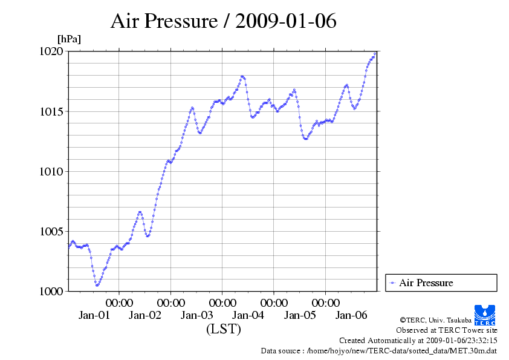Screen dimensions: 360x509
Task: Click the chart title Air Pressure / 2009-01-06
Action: click(223, 21)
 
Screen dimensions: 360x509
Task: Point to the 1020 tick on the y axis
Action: click(51, 51)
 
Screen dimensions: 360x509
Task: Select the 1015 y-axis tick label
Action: click(51, 111)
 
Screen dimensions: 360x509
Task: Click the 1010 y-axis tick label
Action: click(51, 171)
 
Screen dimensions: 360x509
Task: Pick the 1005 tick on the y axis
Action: click(51, 231)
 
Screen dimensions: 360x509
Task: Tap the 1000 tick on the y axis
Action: click(51, 291)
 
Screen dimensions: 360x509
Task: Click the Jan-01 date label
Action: click(94, 315)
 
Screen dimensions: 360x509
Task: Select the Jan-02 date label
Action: click(146, 315)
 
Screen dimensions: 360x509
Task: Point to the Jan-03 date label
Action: click(197, 315)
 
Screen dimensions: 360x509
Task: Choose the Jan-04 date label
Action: click(248, 315)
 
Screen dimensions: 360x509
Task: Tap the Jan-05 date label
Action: click(300, 315)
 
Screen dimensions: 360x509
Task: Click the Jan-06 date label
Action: click(351, 315)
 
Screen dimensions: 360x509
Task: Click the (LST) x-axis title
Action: click(223, 330)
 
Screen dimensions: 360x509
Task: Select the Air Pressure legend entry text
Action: click(426, 283)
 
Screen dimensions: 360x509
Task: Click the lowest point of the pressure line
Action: click(97, 284)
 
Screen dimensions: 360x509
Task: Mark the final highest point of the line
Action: click(375, 53)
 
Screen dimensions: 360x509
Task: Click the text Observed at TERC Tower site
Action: click(447, 330)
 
